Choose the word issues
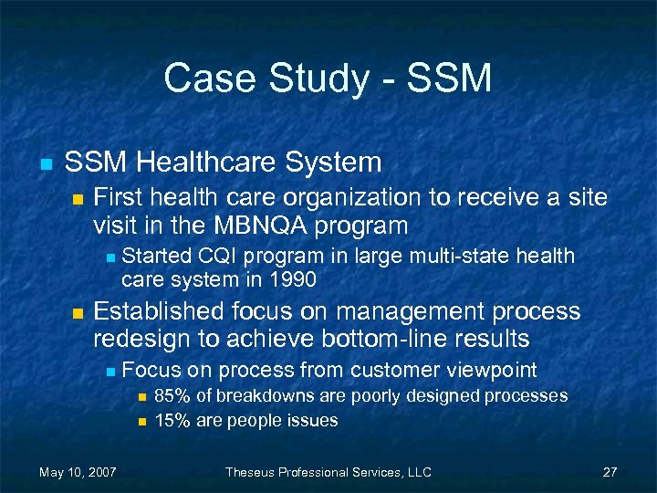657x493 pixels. click(312, 420)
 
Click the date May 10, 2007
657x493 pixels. click(78, 472)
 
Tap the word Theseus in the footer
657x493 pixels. click(253, 472)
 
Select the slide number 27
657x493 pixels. click(610, 472)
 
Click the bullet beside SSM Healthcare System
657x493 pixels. click(44, 164)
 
